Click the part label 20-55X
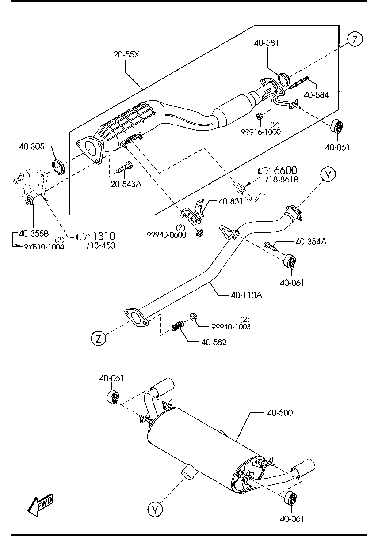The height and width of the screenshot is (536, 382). click(126, 55)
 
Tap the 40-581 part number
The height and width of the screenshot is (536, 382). click(266, 43)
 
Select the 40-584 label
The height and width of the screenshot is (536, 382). click(316, 95)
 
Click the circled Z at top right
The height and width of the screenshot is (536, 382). click(355, 39)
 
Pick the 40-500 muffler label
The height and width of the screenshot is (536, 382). click(280, 413)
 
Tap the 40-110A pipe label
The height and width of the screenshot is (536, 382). click(246, 295)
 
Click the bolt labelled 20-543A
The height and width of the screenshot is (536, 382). click(125, 167)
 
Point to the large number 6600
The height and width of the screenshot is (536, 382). click(285, 170)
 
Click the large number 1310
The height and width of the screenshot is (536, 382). click(103, 236)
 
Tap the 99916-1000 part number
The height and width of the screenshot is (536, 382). click(261, 132)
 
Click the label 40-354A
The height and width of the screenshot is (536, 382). click(311, 242)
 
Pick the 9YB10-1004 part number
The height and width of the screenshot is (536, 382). click(44, 247)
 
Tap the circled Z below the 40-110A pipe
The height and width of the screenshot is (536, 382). click(99, 338)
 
